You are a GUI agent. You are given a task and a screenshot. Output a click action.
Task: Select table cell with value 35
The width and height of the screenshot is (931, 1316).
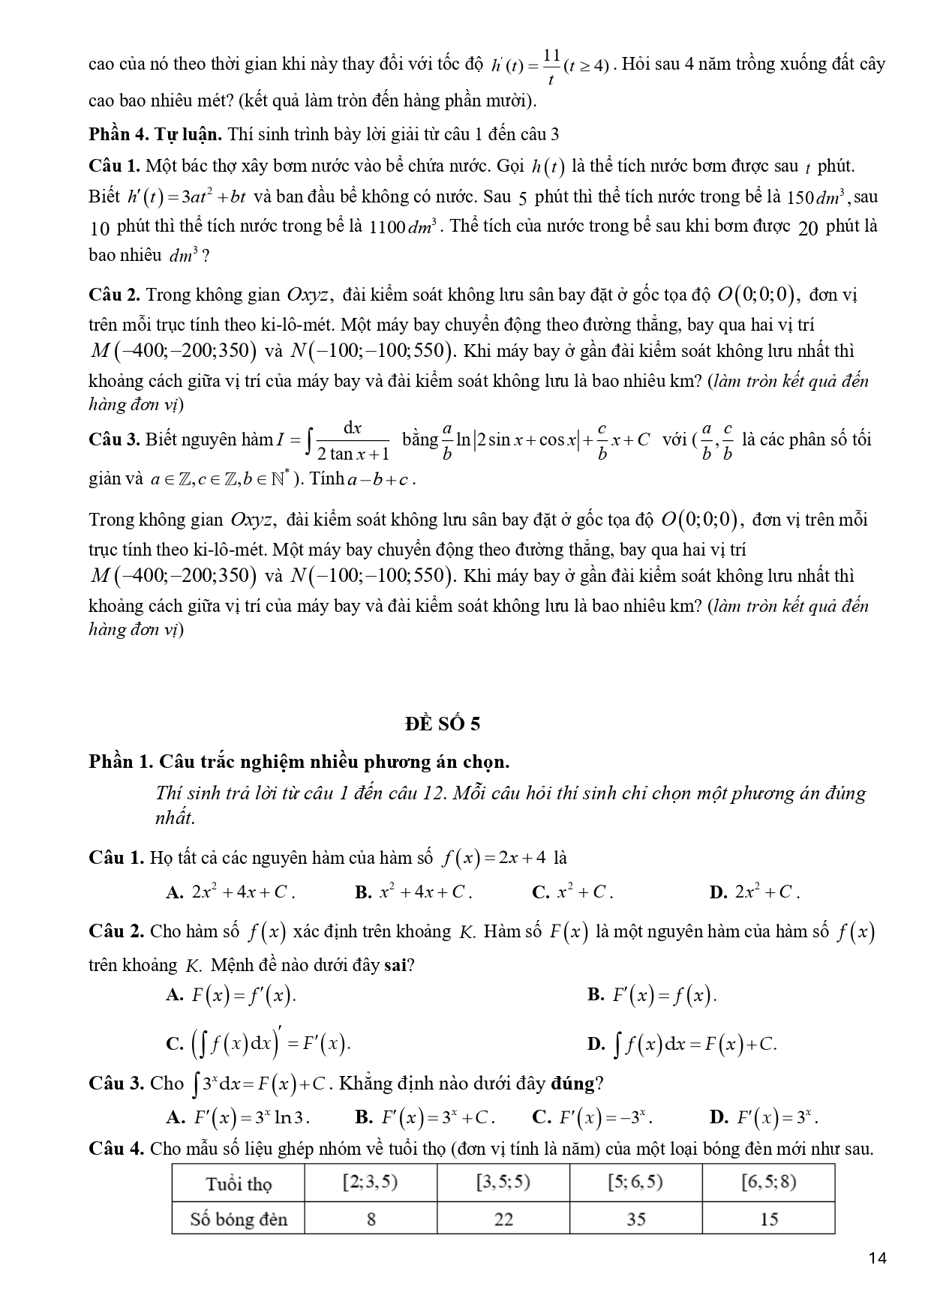(x=635, y=1219)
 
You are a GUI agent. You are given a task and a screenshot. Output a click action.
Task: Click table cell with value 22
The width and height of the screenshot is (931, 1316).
(x=503, y=1219)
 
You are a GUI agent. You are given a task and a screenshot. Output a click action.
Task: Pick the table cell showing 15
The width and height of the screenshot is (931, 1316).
(x=768, y=1219)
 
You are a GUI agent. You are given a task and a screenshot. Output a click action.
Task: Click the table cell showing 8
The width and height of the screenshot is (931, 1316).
(x=371, y=1219)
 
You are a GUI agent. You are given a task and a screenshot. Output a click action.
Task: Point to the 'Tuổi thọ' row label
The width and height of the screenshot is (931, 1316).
(x=239, y=1184)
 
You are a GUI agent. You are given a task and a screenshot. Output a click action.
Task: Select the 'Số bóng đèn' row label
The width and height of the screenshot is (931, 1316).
(x=239, y=1219)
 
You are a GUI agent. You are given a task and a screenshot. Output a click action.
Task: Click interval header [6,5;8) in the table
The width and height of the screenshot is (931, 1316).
(x=768, y=1183)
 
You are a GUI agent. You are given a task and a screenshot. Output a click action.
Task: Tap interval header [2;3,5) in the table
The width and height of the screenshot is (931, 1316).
(x=370, y=1183)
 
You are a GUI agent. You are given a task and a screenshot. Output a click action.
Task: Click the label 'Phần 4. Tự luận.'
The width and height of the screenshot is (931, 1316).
(x=155, y=134)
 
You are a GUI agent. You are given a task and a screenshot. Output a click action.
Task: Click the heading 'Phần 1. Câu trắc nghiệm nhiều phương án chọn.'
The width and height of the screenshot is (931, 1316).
(x=299, y=762)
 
